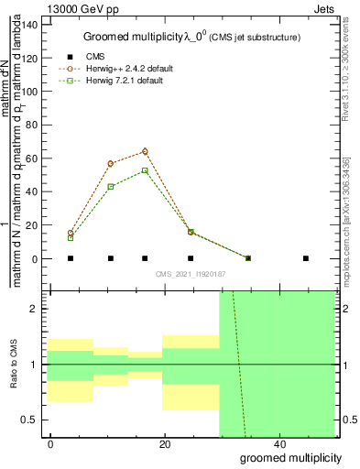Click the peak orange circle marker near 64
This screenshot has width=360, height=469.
[x=145, y=151]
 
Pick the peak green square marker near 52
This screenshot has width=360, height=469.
[x=145, y=170]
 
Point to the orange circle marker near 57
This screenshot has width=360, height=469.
[x=111, y=163]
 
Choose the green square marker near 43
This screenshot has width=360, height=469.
[x=111, y=186]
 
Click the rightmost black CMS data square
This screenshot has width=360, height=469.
[x=306, y=258]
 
